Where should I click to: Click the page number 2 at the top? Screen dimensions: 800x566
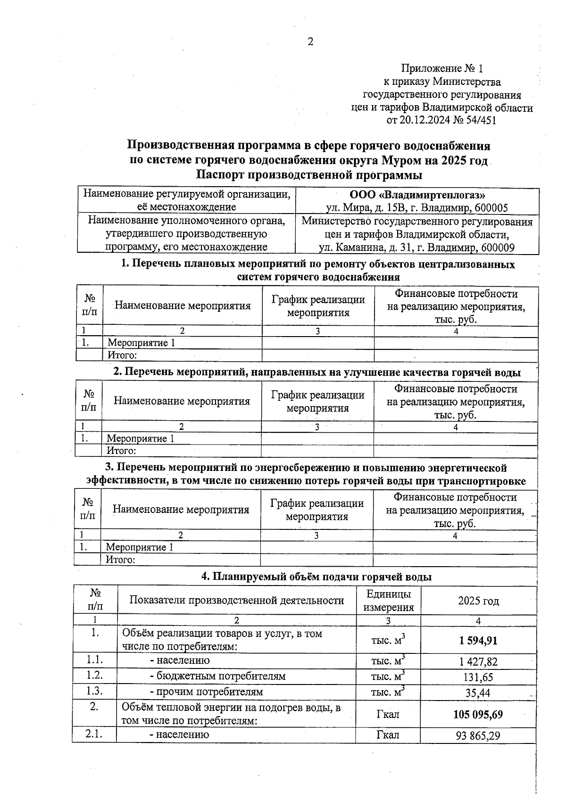(x=310, y=42)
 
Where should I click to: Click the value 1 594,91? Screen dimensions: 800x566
(x=478, y=641)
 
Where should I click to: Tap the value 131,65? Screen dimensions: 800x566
(x=478, y=677)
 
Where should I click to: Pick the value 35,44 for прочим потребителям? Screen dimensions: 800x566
(x=478, y=693)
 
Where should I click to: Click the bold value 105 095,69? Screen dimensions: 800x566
(x=478, y=714)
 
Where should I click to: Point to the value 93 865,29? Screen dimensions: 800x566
(x=478, y=735)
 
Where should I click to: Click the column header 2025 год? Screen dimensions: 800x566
(x=478, y=601)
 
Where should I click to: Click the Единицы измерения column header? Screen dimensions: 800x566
(x=388, y=601)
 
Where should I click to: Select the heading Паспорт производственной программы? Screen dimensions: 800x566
(x=309, y=175)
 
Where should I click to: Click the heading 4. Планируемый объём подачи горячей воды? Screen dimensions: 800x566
(x=316, y=577)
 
